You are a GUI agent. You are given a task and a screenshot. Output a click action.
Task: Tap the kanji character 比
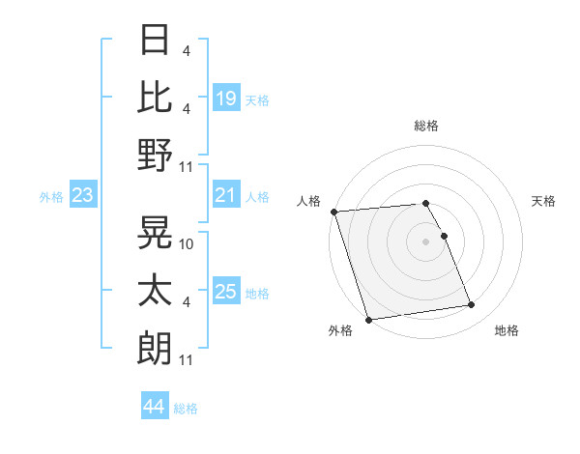click(x=155, y=98)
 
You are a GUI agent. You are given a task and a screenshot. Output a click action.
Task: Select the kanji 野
click(x=155, y=155)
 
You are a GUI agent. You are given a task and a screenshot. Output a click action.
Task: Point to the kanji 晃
click(x=155, y=232)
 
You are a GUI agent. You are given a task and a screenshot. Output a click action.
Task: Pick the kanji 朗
click(x=155, y=345)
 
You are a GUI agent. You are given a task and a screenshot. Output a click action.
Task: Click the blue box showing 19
click(x=226, y=99)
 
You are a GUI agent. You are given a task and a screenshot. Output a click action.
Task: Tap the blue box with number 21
click(x=226, y=196)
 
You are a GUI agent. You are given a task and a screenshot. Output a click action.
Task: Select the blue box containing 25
click(x=226, y=293)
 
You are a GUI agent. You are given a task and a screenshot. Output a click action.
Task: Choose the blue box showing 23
click(x=83, y=196)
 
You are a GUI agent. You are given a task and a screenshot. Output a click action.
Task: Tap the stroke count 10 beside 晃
click(x=188, y=244)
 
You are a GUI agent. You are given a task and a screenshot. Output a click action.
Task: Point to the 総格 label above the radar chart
click(x=426, y=126)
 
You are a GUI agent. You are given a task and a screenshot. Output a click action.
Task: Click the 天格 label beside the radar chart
click(x=544, y=201)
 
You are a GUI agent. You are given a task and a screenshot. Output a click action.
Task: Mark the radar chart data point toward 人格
click(x=333, y=212)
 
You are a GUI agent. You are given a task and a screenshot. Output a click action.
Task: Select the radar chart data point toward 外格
click(x=368, y=320)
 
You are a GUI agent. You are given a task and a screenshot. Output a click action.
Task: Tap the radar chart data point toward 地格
click(x=471, y=305)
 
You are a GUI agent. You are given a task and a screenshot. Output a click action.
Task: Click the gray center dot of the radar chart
click(x=426, y=241)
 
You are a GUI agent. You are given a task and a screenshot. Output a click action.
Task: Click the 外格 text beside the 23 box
click(x=51, y=197)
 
